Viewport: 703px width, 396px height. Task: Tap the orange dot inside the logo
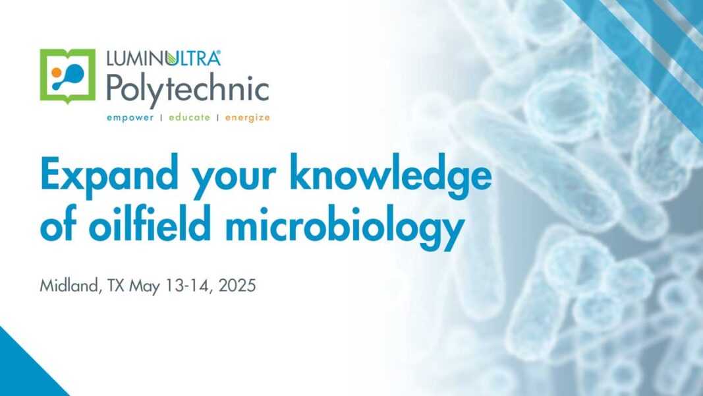(57, 73)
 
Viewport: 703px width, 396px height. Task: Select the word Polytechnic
(187, 89)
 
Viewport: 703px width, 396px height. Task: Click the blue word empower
(130, 117)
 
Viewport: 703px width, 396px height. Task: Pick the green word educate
(189, 117)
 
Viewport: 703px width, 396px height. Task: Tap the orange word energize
(248, 118)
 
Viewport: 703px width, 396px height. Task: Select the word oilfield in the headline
(150, 223)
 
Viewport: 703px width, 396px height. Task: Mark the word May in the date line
(145, 287)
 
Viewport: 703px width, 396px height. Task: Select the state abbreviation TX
(115, 286)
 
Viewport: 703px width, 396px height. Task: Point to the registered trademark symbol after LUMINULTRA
(218, 53)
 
